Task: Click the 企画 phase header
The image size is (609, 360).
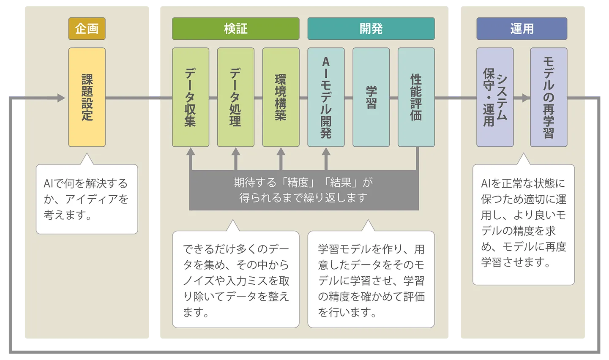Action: click(87, 29)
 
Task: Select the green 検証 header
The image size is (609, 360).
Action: click(235, 29)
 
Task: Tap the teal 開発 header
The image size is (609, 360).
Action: click(371, 29)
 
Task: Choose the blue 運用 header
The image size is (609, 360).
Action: click(522, 29)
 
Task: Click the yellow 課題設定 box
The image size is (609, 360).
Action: click(87, 97)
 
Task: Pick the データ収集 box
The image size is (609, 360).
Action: click(190, 97)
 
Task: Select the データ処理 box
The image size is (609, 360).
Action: click(235, 97)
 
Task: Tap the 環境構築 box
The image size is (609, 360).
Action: click(281, 97)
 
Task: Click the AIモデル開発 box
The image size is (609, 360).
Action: click(326, 97)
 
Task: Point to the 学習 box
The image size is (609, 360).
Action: click(371, 97)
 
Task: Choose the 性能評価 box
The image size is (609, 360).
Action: click(416, 97)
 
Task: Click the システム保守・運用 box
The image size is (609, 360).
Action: click(495, 97)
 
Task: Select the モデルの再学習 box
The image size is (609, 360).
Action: click(549, 97)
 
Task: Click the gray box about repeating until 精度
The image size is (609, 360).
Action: click(303, 190)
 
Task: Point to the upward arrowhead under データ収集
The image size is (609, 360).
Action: click(191, 151)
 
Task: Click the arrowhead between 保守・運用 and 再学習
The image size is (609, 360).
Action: click(525, 98)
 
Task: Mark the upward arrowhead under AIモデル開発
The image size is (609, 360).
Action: click(326, 151)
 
